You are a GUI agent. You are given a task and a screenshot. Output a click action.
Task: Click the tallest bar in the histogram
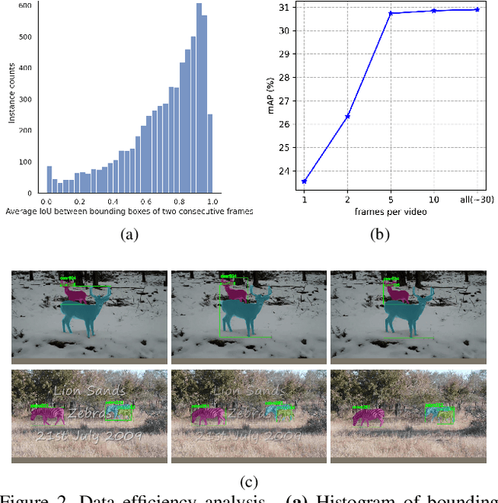click(x=199, y=98)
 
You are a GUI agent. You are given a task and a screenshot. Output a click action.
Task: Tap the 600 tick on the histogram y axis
click(x=25, y=5)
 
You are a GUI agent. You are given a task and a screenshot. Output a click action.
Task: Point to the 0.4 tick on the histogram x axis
click(x=114, y=201)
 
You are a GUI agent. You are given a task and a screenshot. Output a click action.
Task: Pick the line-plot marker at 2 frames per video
click(x=348, y=116)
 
